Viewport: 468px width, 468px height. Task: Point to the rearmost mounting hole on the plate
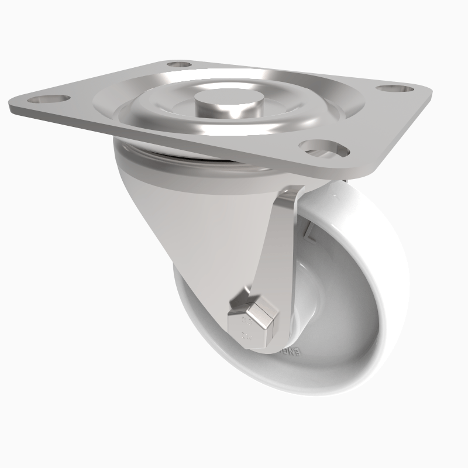click(179, 64)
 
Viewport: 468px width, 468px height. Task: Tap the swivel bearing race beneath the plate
click(175, 157)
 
